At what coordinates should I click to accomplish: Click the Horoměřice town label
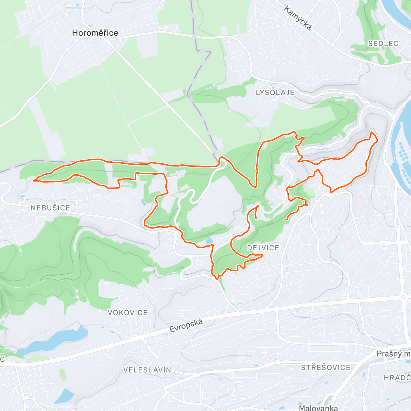point(95,33)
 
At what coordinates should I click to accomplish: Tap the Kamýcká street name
point(298,18)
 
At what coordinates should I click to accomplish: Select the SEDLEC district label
point(383,43)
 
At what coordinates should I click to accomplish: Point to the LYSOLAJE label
point(275,92)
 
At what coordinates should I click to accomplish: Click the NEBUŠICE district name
point(50,208)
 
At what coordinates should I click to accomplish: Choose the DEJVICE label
point(263,248)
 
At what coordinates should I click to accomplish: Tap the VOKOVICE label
point(128,313)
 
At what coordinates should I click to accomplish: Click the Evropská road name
point(186,325)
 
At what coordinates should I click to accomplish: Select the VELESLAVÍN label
point(147,370)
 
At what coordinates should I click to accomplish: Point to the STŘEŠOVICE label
point(325,368)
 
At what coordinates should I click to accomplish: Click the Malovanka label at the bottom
point(318,408)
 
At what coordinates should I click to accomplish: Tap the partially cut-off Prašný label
point(393,354)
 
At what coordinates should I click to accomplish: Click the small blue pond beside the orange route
point(209,241)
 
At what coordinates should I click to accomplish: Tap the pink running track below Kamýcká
point(312,46)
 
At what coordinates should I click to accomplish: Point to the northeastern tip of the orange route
point(373,132)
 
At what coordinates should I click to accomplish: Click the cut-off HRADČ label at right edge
point(397,378)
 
